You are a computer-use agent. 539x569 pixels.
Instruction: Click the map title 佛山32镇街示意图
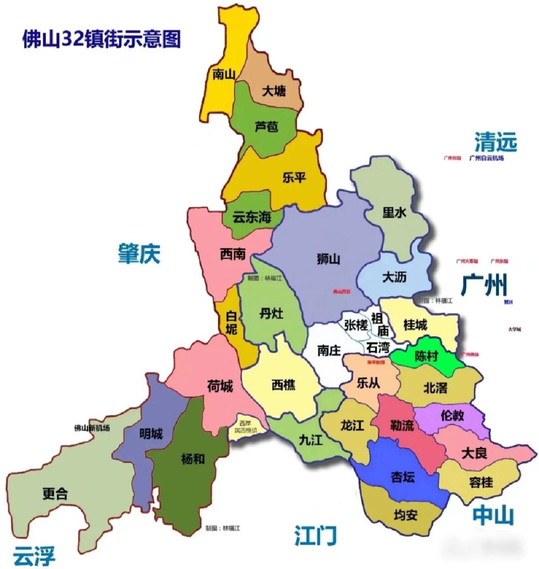coord(102,39)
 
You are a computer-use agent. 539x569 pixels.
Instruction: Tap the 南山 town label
coord(223,74)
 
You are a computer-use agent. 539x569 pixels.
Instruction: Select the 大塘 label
coord(274,92)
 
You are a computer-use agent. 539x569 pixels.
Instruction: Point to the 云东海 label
coord(252,217)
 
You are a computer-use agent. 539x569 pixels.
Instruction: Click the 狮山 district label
coord(328,258)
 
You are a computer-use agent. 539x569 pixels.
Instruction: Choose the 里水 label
coord(394,212)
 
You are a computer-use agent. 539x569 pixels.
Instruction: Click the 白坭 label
coord(231,323)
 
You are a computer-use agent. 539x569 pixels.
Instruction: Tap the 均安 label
coord(405,515)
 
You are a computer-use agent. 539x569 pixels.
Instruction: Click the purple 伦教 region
coord(452,416)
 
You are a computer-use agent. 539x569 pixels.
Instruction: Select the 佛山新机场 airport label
coord(92,428)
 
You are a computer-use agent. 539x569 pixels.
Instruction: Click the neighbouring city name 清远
coord(495,142)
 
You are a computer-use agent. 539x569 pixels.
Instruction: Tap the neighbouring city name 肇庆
coord(139,254)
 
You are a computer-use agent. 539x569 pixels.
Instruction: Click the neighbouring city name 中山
coord(493,516)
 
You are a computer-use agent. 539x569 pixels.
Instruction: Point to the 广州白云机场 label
coord(487,158)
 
